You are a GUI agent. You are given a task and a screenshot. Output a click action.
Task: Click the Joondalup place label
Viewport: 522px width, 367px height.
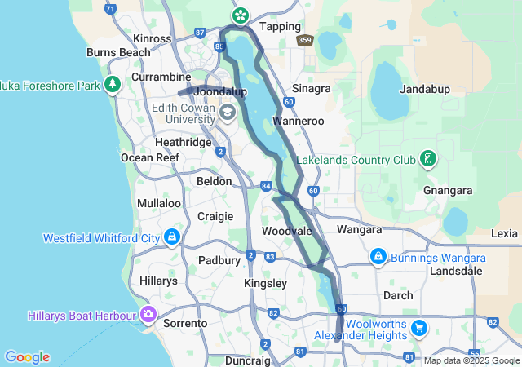click(x=220, y=92)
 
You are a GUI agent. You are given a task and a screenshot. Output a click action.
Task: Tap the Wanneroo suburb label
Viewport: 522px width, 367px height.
click(x=299, y=121)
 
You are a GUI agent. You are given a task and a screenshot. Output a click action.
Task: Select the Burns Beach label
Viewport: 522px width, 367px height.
click(x=118, y=52)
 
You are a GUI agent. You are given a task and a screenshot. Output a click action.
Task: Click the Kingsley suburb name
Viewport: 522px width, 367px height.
click(x=265, y=283)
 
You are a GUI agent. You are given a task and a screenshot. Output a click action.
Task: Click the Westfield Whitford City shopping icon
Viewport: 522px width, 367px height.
click(x=172, y=238)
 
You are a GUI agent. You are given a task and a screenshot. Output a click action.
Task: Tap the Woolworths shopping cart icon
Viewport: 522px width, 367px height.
click(x=419, y=328)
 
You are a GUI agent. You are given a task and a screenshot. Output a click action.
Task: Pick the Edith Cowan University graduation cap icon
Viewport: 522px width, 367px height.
click(x=226, y=111)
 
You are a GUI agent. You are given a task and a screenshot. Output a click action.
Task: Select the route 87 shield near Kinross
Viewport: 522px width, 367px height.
click(x=201, y=33)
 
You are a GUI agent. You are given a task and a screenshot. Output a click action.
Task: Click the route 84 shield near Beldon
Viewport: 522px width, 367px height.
click(x=267, y=186)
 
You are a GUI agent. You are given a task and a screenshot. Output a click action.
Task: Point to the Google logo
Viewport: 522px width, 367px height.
click(x=27, y=357)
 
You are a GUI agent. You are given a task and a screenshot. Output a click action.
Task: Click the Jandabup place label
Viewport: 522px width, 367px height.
click(x=425, y=89)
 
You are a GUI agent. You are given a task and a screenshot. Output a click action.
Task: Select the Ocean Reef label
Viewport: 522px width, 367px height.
click(x=149, y=157)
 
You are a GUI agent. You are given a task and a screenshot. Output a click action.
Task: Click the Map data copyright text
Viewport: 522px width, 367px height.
click(x=471, y=360)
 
